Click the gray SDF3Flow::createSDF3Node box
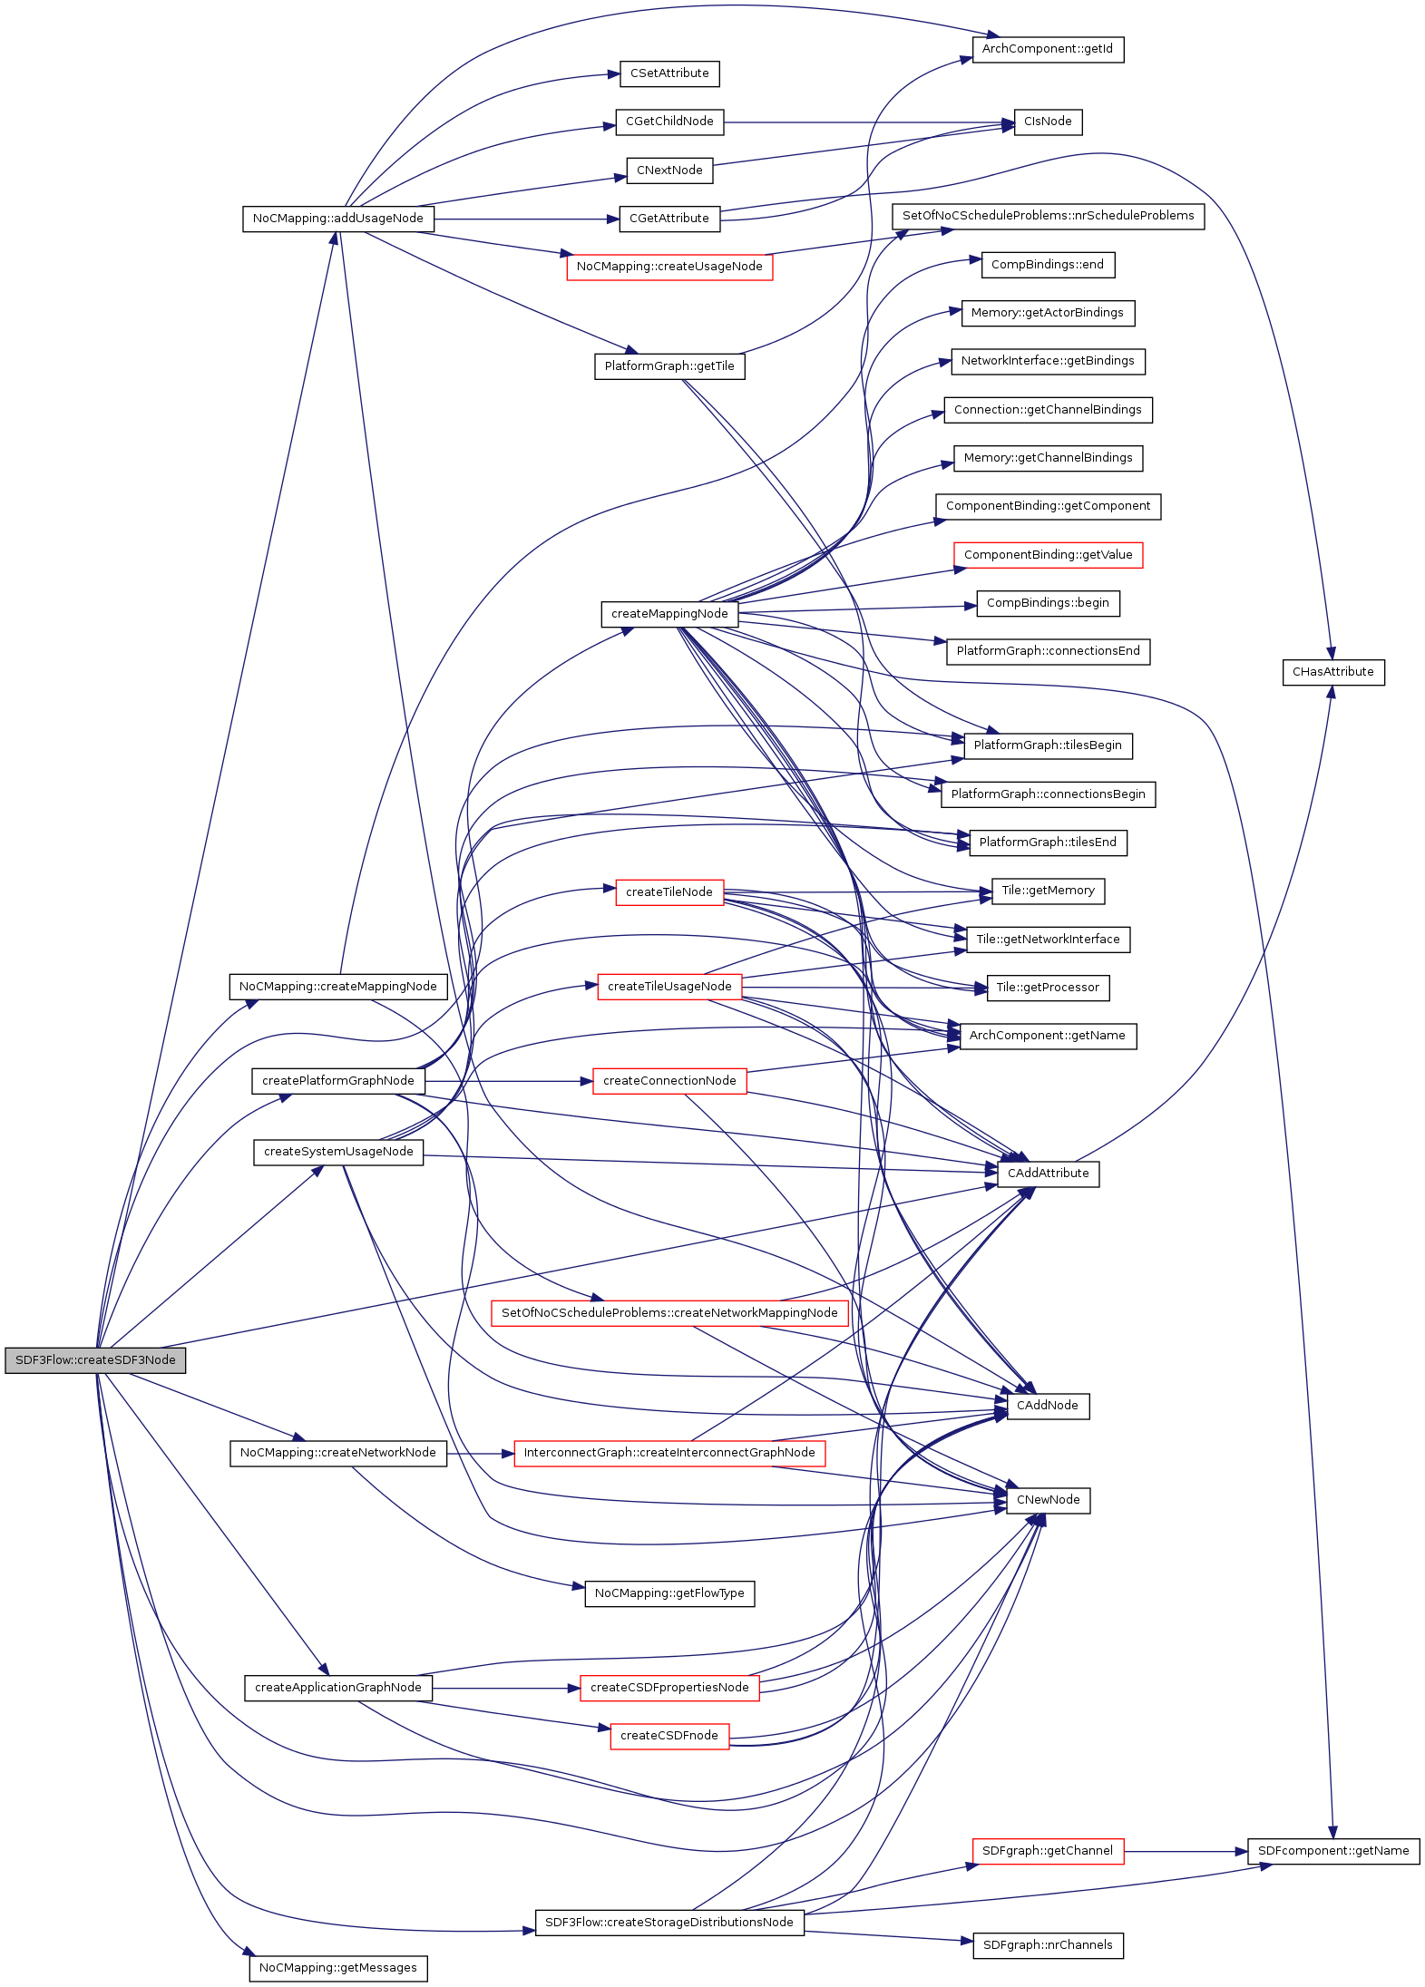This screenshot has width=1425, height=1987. [95, 1360]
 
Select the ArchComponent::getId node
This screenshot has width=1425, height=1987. [1048, 49]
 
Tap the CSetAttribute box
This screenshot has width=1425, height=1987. [669, 73]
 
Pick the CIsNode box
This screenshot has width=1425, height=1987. [1048, 122]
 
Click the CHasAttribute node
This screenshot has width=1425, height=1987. [1332, 672]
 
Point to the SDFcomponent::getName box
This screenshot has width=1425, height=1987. [1332, 1851]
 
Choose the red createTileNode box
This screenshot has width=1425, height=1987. [669, 892]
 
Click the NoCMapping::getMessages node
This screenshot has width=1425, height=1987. [338, 1968]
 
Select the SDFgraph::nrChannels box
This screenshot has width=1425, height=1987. [1048, 1945]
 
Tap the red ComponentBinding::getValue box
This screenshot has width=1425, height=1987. [1048, 555]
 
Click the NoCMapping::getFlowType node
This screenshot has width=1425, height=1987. [669, 1593]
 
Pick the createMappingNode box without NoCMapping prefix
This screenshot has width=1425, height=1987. [669, 614]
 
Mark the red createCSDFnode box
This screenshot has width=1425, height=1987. [669, 1736]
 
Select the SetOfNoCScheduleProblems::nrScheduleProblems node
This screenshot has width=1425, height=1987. [1048, 216]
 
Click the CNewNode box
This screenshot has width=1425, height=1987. [1048, 1500]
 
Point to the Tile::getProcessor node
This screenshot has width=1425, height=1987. [1048, 988]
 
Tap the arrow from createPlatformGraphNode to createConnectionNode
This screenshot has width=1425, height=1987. [508, 1081]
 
